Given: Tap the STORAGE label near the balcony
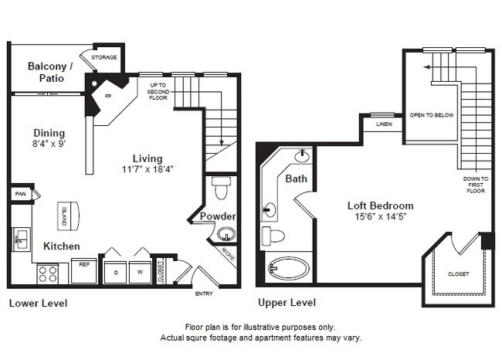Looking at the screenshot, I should click(x=104, y=58).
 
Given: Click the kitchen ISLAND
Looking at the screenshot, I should click(x=65, y=214).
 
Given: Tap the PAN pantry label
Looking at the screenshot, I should click(x=19, y=194).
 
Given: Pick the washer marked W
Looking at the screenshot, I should click(x=140, y=272).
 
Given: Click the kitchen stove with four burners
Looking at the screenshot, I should click(x=48, y=273).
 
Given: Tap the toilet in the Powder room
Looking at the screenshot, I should click(x=222, y=187).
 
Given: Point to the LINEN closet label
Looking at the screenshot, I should click(x=384, y=124).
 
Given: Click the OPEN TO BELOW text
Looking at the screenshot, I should click(x=432, y=115).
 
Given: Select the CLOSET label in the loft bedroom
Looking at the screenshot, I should click(x=457, y=274).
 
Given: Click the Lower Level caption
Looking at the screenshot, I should click(x=38, y=304).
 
